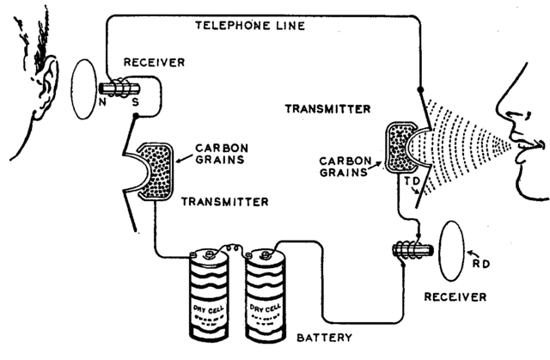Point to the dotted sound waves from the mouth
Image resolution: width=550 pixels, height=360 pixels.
point(464,143)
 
